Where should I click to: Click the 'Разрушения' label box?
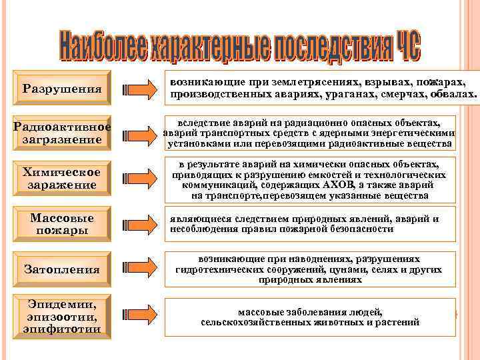[62, 89]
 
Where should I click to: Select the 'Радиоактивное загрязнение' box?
[62, 134]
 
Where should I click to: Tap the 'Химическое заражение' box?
[62, 178]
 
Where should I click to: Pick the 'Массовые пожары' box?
[62, 224]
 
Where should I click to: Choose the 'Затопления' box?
[62, 269]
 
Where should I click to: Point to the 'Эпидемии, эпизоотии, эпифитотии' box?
[62, 315]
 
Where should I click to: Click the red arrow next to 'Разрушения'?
[141, 89]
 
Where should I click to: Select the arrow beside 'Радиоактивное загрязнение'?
[141, 133]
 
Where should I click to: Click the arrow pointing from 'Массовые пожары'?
[141, 224]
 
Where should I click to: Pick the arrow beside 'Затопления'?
[141, 269]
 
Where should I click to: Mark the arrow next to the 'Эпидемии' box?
[141, 315]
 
